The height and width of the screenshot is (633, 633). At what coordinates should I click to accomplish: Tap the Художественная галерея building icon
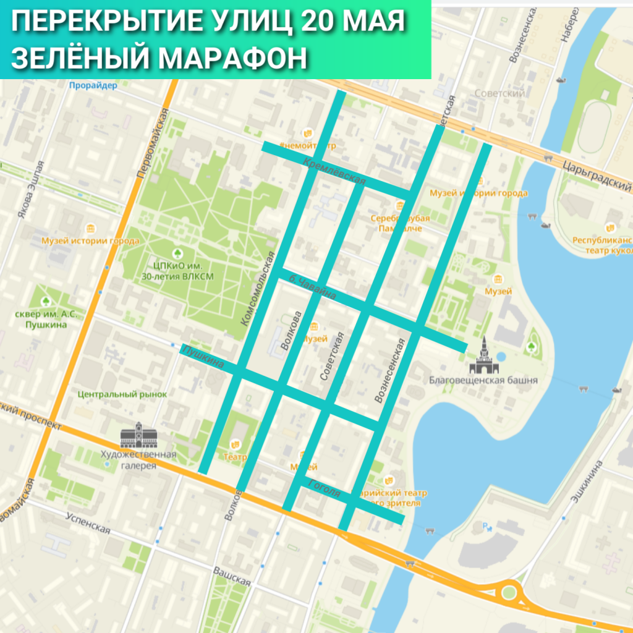(x=139, y=436)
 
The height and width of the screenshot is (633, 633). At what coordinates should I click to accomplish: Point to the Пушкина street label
(x=202, y=357)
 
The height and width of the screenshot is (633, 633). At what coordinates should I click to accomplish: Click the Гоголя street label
(x=325, y=488)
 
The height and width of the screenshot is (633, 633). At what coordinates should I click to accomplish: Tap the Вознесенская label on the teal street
(x=390, y=371)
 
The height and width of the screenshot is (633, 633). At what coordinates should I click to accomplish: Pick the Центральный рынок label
(x=122, y=394)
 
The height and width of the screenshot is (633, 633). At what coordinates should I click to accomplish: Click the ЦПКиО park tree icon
(x=177, y=253)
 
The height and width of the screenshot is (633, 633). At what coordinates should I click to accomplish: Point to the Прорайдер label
(x=93, y=86)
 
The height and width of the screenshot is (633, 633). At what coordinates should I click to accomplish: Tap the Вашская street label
(x=232, y=576)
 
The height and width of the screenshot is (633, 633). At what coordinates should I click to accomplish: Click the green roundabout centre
(x=508, y=593)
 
